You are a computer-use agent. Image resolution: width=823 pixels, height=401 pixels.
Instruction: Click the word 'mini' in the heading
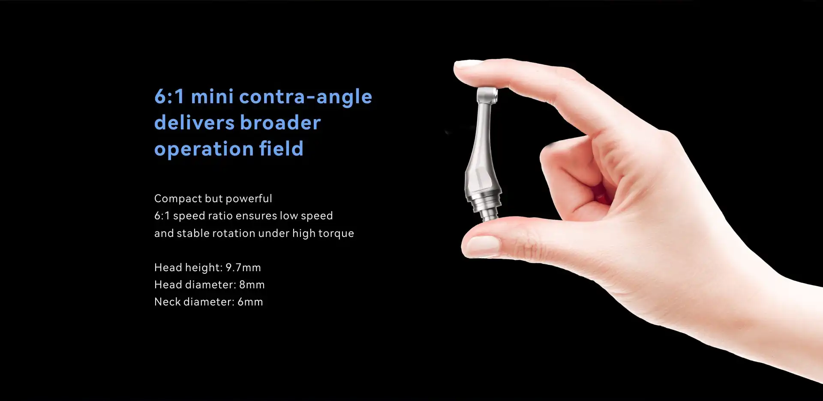coord(212,96)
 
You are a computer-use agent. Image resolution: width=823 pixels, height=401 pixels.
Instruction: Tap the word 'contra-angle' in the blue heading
coord(306,98)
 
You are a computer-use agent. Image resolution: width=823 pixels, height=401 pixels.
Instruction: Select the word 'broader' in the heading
coord(280,123)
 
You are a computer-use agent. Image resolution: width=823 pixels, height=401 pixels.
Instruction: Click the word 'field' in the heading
coord(281,149)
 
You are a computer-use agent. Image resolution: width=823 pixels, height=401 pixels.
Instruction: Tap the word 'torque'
coord(336,234)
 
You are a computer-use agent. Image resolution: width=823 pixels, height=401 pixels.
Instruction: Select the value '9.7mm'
coord(243,268)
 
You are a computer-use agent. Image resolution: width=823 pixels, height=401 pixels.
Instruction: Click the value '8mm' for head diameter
coord(252,285)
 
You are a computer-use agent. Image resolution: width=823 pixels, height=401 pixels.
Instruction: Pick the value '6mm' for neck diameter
coord(250,302)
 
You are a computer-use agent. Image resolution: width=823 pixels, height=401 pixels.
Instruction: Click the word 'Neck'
coord(167,302)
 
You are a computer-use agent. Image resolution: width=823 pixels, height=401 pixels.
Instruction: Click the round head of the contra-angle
coord(487,94)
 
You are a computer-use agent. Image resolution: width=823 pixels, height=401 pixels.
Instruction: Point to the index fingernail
coord(468,64)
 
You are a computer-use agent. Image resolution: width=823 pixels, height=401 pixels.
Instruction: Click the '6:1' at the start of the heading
coord(169,97)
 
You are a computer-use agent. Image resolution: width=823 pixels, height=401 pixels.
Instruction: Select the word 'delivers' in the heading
coord(194,123)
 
